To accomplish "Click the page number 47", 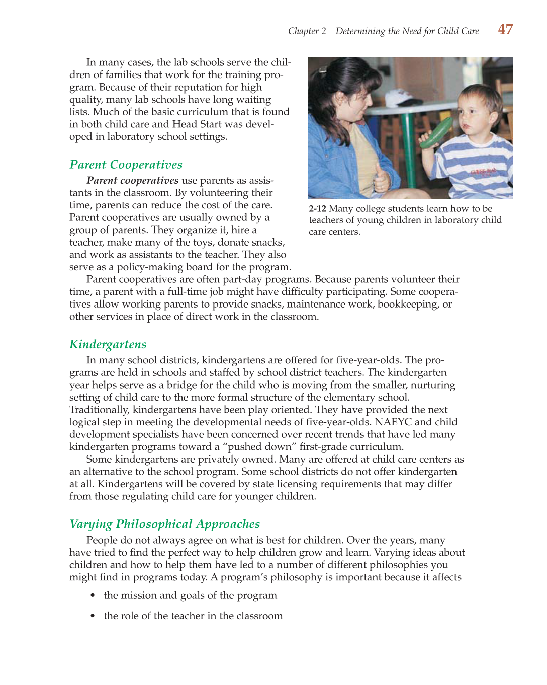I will [505, 30].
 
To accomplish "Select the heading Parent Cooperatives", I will [126, 165].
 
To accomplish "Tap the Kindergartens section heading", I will [108, 344].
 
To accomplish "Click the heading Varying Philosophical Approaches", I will [164, 524].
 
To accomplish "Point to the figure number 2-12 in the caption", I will [317, 209].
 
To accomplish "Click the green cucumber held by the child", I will [436, 132].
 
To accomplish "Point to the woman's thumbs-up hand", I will [381, 179].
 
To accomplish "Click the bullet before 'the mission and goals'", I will [93, 596].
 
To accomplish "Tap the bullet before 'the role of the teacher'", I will [93, 616].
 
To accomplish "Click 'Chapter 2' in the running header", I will [307, 31].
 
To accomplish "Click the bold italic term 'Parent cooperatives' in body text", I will [132, 180].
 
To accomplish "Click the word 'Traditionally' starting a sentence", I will [98, 410].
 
